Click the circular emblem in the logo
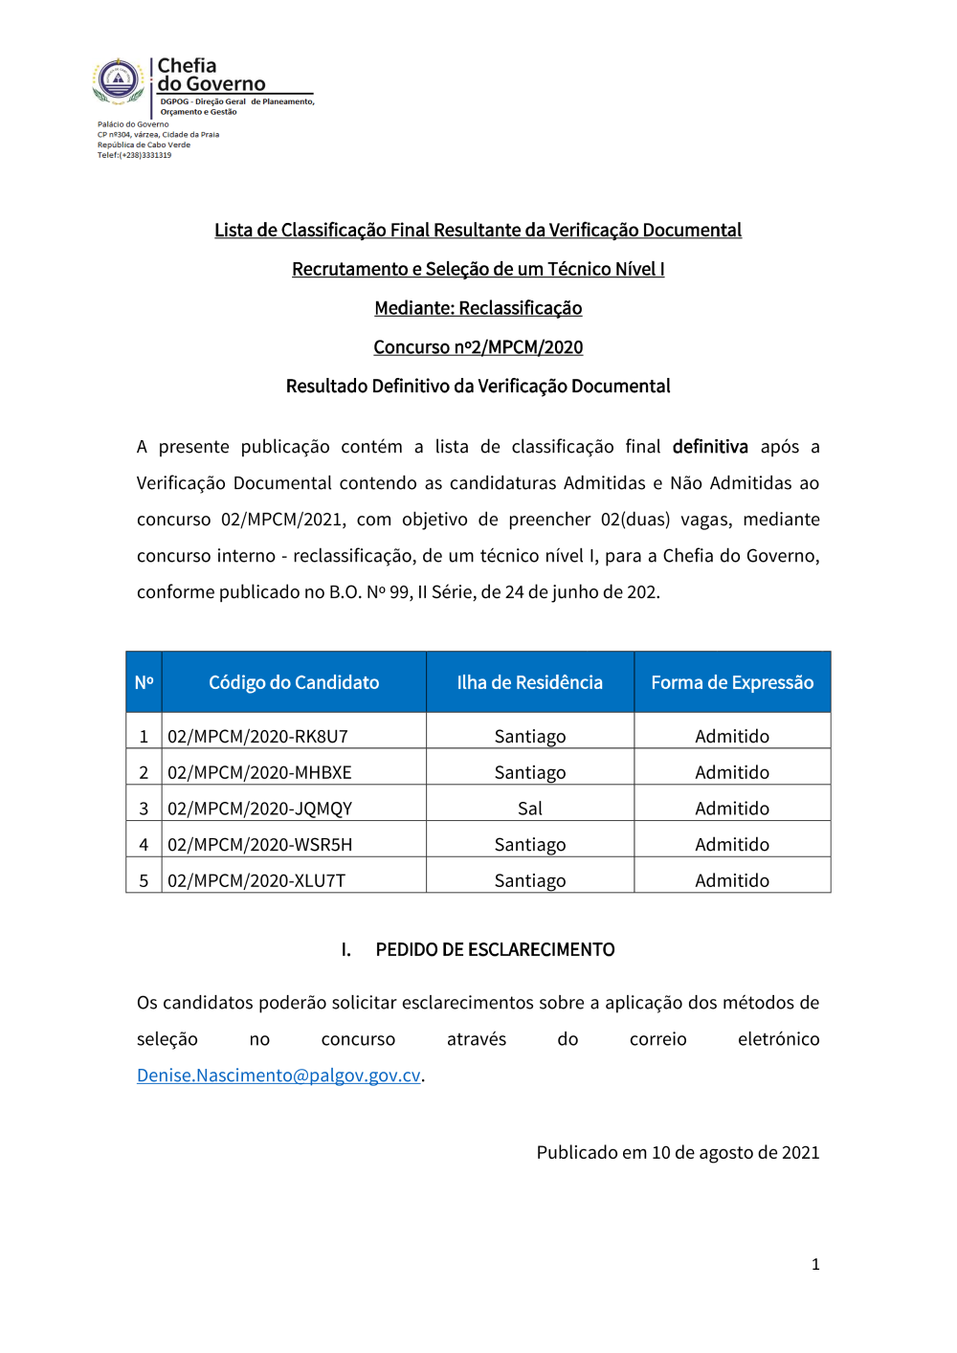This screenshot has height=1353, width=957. [x=118, y=80]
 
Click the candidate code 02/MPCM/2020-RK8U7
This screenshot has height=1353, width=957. [x=257, y=736]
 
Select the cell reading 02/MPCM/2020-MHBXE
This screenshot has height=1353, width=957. [x=259, y=772]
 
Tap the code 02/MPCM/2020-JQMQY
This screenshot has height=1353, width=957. [x=259, y=809]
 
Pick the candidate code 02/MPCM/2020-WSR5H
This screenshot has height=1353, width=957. [x=259, y=845]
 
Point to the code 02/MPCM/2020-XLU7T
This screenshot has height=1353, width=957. [x=256, y=880]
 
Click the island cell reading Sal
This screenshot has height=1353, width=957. [x=529, y=809]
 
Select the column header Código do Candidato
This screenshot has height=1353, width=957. [x=294, y=682]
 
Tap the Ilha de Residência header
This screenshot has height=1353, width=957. [x=529, y=682]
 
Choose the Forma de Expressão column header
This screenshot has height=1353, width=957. [x=732, y=682]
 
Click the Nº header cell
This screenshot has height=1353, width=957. [x=144, y=682]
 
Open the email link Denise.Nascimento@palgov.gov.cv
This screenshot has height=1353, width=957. [x=278, y=1076]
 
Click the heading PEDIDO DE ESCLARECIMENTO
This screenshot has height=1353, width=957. [x=495, y=949]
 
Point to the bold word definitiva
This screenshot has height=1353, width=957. [x=710, y=447]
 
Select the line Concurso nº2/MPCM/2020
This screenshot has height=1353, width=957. [x=478, y=347]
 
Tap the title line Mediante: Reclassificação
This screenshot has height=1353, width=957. [x=478, y=308]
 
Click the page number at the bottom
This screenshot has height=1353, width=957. [x=815, y=1264]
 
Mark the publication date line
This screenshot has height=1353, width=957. [x=678, y=1152]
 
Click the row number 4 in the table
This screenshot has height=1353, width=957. [x=144, y=845]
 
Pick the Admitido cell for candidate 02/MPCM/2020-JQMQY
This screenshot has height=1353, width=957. [x=732, y=809]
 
